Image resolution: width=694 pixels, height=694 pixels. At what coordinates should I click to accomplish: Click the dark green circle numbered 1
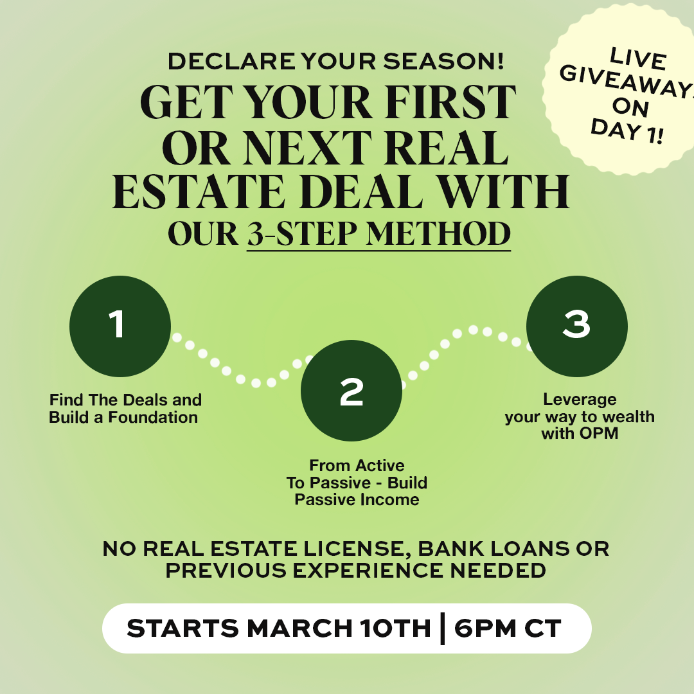click(120, 326)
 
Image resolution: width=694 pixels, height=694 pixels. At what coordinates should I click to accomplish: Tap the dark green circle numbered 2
click(351, 391)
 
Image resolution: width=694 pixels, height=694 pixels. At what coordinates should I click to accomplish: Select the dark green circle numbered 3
click(576, 326)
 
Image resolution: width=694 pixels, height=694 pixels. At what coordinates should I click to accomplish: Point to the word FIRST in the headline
click(450, 103)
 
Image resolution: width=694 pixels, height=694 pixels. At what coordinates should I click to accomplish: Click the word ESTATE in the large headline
click(199, 191)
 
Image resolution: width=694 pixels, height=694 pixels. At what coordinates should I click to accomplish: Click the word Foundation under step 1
click(153, 418)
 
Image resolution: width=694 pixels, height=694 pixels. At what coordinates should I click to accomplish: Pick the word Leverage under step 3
click(580, 400)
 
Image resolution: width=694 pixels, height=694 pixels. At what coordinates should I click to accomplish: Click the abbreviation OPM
click(598, 433)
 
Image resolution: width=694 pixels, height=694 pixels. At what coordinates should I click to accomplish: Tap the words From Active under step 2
click(357, 466)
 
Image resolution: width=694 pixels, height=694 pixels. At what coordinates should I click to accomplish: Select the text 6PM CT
click(508, 628)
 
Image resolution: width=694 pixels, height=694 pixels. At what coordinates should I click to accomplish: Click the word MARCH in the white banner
click(299, 628)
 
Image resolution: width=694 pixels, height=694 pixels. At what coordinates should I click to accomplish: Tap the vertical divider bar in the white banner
click(442, 628)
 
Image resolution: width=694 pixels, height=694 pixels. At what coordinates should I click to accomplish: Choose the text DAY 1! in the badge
click(627, 131)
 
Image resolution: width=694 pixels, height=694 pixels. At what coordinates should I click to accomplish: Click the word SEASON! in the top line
click(443, 62)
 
